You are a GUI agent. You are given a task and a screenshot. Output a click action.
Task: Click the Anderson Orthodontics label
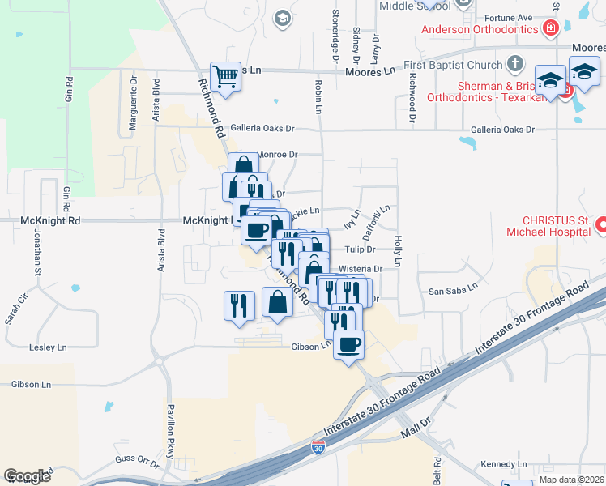[480, 29]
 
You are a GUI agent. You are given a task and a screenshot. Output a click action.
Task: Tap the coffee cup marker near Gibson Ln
[348, 345]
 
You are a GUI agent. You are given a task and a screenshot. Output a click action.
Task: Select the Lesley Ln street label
[48, 347]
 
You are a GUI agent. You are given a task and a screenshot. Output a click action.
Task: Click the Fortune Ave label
[508, 17]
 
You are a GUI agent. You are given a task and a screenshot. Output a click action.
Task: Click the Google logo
[27, 476]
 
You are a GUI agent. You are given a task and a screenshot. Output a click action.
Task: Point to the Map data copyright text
[572, 480]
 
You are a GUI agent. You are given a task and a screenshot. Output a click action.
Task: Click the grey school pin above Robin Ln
[282, 18]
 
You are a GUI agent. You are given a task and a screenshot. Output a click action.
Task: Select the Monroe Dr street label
[278, 154]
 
